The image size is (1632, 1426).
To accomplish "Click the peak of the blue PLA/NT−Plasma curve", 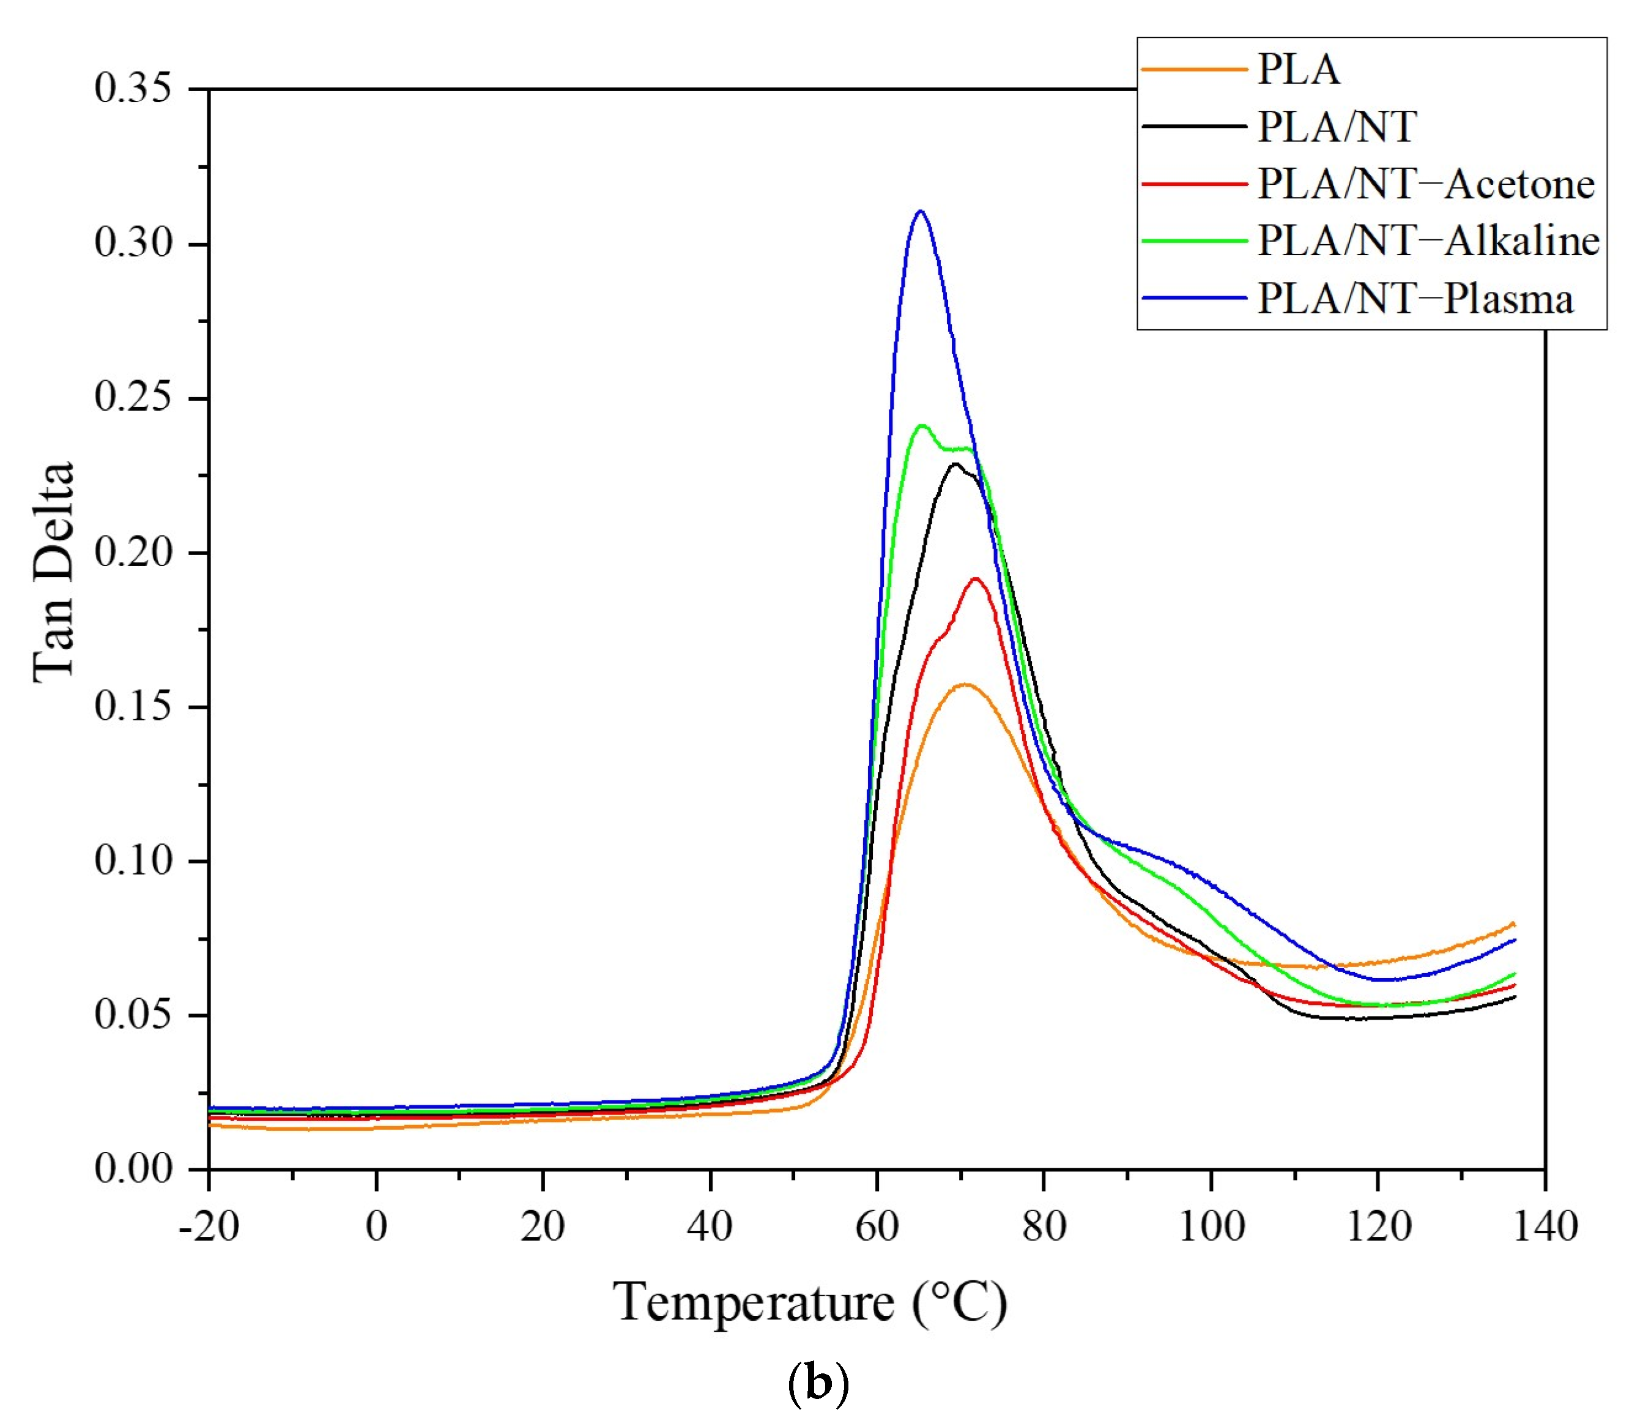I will click(x=921, y=211).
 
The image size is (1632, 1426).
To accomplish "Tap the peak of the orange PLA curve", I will click(x=965, y=684).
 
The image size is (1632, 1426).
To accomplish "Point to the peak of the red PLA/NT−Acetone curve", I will click(x=975, y=578).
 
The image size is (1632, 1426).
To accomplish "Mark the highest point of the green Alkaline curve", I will click(x=922, y=426).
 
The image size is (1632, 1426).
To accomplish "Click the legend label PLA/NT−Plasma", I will click(x=1415, y=299).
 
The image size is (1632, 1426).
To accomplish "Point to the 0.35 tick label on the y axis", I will click(x=133, y=88).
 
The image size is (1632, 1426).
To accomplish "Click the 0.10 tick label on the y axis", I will click(x=133, y=860).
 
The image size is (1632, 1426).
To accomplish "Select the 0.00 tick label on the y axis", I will click(x=133, y=1169).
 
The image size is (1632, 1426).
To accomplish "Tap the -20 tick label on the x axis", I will click(x=209, y=1227).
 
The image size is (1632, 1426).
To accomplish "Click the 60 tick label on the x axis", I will click(x=877, y=1227).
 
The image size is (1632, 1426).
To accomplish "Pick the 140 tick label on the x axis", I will click(x=1545, y=1227).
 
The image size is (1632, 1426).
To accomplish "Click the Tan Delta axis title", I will click(x=54, y=572).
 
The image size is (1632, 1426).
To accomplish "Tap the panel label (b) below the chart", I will click(x=817, y=1384).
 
